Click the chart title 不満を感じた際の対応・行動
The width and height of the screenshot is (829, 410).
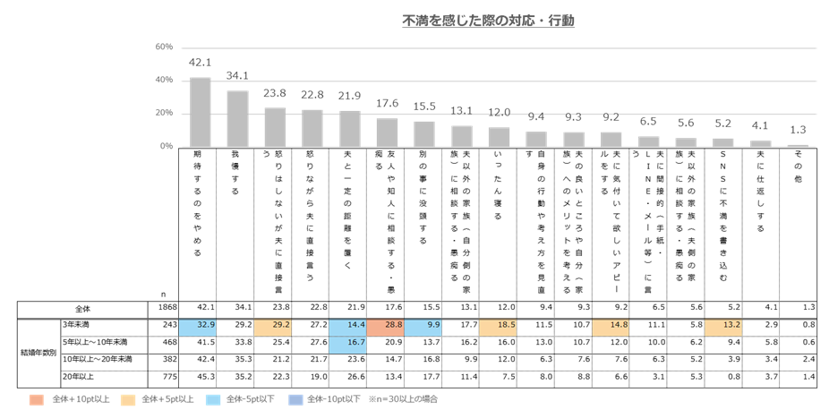tap(488, 20)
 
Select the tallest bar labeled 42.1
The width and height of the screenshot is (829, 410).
tap(201, 112)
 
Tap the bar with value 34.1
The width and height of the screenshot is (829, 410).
tap(237, 118)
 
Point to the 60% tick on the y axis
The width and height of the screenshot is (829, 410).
tap(164, 47)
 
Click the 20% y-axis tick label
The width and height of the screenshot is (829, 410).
tap(164, 114)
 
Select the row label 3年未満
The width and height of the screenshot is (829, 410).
tap(75, 325)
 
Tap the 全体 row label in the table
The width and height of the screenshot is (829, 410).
tap(85, 307)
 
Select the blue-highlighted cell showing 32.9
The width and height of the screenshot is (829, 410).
tap(201, 325)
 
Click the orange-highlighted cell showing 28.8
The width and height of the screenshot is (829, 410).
tap(387, 325)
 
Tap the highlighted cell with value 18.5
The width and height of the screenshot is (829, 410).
tap(499, 325)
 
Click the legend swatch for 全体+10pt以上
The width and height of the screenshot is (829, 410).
tap(36, 397)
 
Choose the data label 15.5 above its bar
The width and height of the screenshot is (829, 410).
tap(424, 107)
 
